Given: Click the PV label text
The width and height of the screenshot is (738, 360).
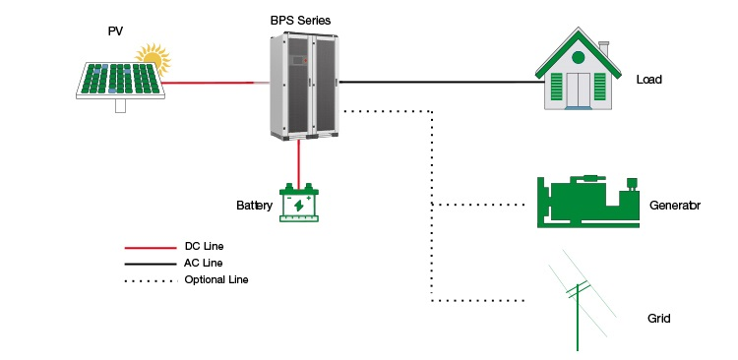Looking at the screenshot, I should (x=115, y=31).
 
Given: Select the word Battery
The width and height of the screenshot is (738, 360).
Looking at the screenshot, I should (x=254, y=206).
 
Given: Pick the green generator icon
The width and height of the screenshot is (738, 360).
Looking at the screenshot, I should (x=588, y=202).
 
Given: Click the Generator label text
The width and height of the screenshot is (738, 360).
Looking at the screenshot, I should (x=674, y=206).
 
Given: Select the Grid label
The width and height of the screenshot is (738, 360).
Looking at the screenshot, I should (x=658, y=320).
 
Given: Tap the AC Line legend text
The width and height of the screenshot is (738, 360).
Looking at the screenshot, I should (x=204, y=263).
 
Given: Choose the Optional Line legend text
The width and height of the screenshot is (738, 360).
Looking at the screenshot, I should (x=216, y=280).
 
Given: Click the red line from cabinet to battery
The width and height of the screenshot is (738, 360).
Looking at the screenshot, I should (x=298, y=159).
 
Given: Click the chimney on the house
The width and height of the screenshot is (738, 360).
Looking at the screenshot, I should (x=604, y=48).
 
